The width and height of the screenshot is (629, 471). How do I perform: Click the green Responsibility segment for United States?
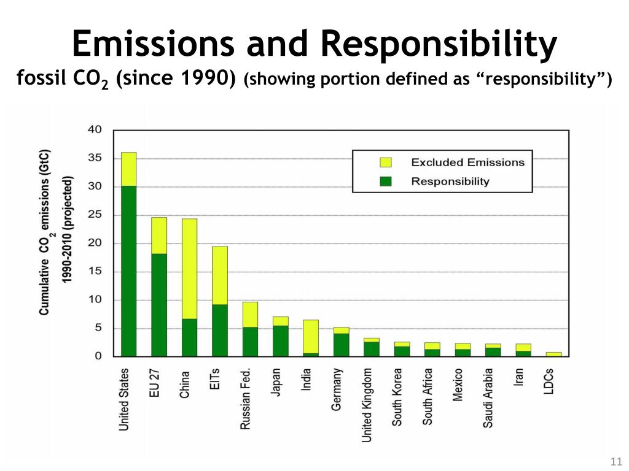click(x=128, y=270)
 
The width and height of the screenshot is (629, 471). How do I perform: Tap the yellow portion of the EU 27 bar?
click(x=159, y=235)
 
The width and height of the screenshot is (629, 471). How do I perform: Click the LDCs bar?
click(x=553, y=354)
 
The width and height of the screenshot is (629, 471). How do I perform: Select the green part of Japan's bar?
click(x=280, y=340)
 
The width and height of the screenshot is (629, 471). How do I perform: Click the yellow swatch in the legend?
click(x=386, y=163)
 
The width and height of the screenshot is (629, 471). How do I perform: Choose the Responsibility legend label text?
click(x=450, y=182)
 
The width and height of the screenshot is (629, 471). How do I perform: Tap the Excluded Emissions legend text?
click(x=467, y=163)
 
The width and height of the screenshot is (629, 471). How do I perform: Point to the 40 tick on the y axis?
click(x=95, y=130)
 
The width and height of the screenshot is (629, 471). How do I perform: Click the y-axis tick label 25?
click(x=95, y=215)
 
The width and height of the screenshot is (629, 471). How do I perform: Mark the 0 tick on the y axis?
click(x=98, y=356)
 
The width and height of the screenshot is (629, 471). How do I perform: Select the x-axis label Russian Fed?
click(x=246, y=398)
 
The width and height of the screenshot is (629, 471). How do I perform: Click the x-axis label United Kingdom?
click(x=367, y=405)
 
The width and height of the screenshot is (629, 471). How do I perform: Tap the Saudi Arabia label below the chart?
click(x=488, y=398)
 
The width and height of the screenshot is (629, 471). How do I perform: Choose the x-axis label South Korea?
click(x=397, y=397)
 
